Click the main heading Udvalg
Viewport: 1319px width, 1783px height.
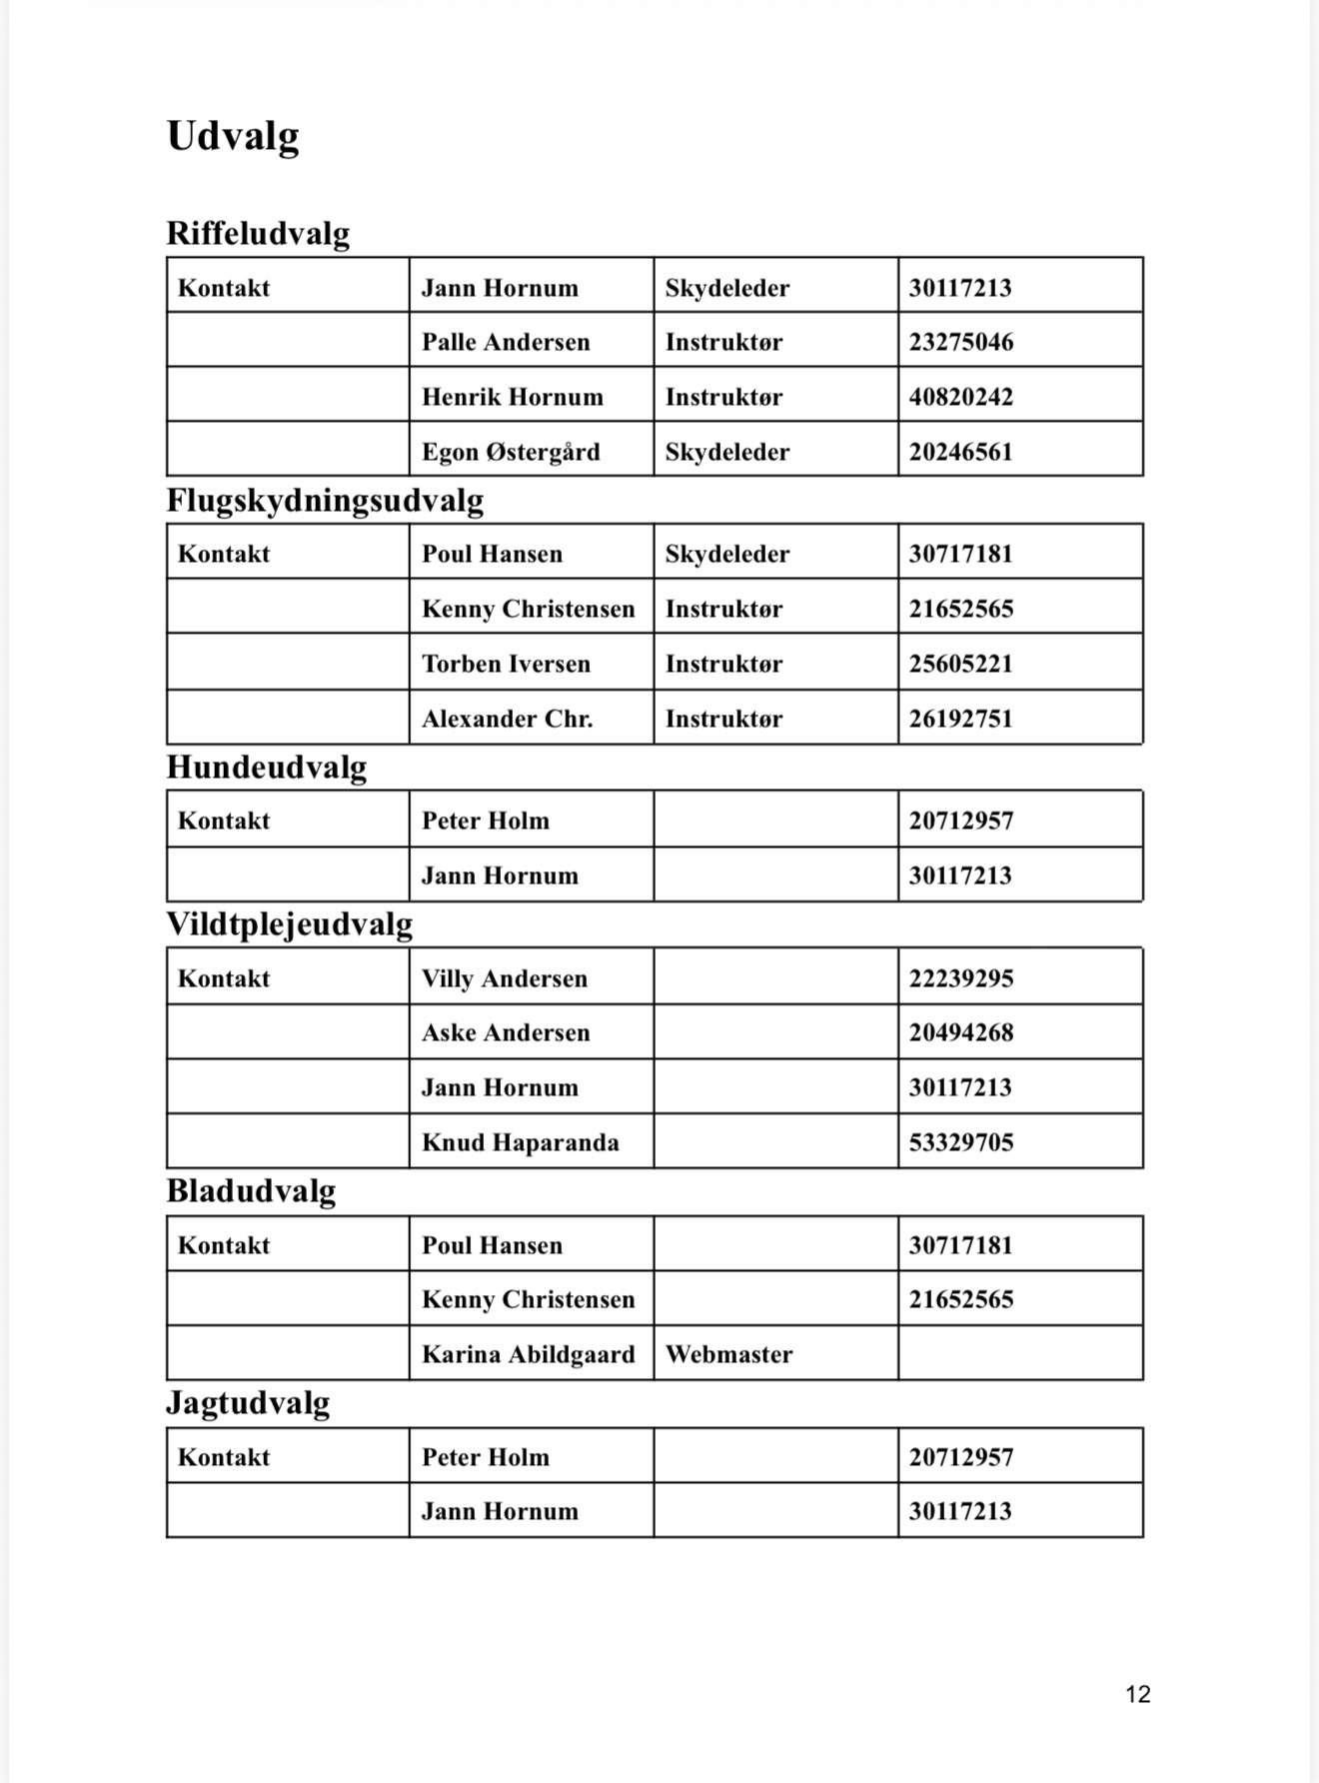[232, 136]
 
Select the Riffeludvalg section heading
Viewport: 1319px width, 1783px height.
[258, 233]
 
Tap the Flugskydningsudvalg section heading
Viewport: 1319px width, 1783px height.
[325, 500]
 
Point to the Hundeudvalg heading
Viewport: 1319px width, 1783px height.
[266, 767]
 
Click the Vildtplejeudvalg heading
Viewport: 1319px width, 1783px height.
[289, 923]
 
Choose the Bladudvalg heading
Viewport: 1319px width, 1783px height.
[251, 1190]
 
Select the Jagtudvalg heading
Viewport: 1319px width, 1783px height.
[248, 1402]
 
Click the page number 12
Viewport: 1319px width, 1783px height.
[1137, 1694]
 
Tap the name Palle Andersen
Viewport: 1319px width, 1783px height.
[506, 342]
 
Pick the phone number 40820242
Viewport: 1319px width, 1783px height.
[960, 397]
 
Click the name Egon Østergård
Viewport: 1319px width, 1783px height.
[511, 452]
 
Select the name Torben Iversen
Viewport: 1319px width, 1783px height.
[506, 664]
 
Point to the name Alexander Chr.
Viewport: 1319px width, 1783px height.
[507, 719]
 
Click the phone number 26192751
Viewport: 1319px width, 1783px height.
[960, 719]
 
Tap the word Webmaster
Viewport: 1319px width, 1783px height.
[728, 1354]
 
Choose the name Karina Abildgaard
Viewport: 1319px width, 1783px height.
[528, 1354]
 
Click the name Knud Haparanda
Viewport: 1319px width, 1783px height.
[520, 1142]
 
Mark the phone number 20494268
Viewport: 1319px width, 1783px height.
[960, 1032]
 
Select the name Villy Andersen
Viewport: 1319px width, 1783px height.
[504, 978]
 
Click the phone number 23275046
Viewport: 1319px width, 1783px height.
[960, 342]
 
